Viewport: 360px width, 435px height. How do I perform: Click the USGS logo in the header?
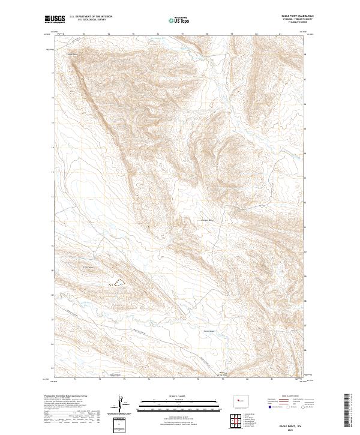coord(53,19)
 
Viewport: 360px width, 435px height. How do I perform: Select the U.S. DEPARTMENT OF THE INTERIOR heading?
coord(91,16)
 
